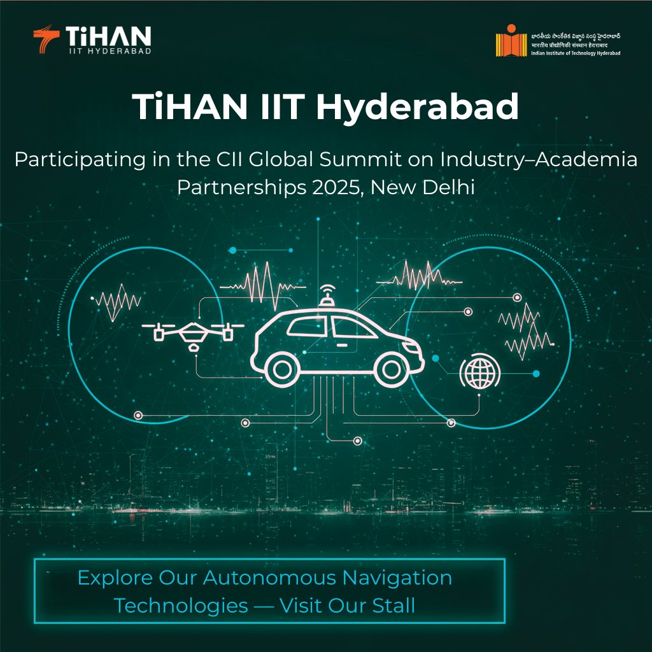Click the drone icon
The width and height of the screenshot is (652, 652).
tap(191, 332)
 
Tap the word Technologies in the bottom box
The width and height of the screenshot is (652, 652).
tap(181, 606)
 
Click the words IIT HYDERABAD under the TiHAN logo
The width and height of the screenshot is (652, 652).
tap(108, 50)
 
